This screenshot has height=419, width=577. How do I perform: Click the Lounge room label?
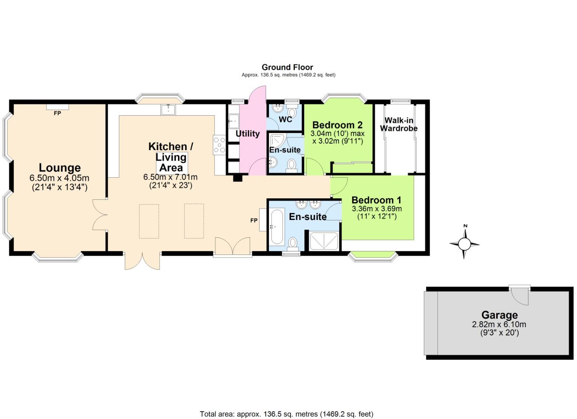click(59, 168)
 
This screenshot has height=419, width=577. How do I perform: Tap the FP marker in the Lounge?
click(57, 113)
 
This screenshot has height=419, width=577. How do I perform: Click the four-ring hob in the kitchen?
click(219, 145)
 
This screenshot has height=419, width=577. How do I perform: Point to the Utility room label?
click(248, 133)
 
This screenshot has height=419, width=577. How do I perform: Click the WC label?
click(285, 119)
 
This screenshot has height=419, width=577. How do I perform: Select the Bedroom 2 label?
click(337, 125)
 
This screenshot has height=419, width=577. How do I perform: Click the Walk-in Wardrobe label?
click(399, 124)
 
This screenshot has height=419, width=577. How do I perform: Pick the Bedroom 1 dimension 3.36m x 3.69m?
click(377, 209)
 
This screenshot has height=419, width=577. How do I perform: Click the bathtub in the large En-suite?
click(277, 227)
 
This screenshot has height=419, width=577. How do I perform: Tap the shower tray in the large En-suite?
click(324, 241)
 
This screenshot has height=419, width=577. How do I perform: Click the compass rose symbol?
click(464, 244)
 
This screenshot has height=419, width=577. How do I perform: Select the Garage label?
click(499, 315)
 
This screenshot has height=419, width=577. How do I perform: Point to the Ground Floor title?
click(287, 67)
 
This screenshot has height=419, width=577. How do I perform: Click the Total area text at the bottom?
click(286, 414)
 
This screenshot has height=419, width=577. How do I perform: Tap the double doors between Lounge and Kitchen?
click(100, 215)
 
